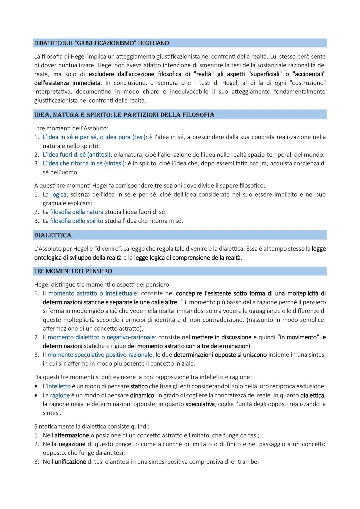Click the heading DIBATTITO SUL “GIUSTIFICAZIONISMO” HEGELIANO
click(x=101, y=43)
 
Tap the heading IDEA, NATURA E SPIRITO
click(x=124, y=115)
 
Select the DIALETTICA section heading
click(x=53, y=235)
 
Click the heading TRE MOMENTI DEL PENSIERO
click(x=73, y=271)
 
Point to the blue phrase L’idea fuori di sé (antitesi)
click(x=76, y=155)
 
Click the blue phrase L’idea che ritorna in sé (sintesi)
click(x=84, y=163)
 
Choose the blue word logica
click(x=59, y=194)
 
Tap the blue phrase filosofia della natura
click(x=77, y=212)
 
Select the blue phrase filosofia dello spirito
click(x=77, y=221)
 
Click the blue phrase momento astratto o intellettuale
click(x=92, y=293)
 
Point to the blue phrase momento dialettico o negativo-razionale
click(x=101, y=337)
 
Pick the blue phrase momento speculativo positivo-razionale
click(x=100, y=355)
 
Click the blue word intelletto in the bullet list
click(x=59, y=386)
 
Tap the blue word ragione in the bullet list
click(x=60, y=395)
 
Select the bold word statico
click(x=139, y=386)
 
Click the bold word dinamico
click(x=142, y=395)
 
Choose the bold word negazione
click(x=72, y=444)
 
